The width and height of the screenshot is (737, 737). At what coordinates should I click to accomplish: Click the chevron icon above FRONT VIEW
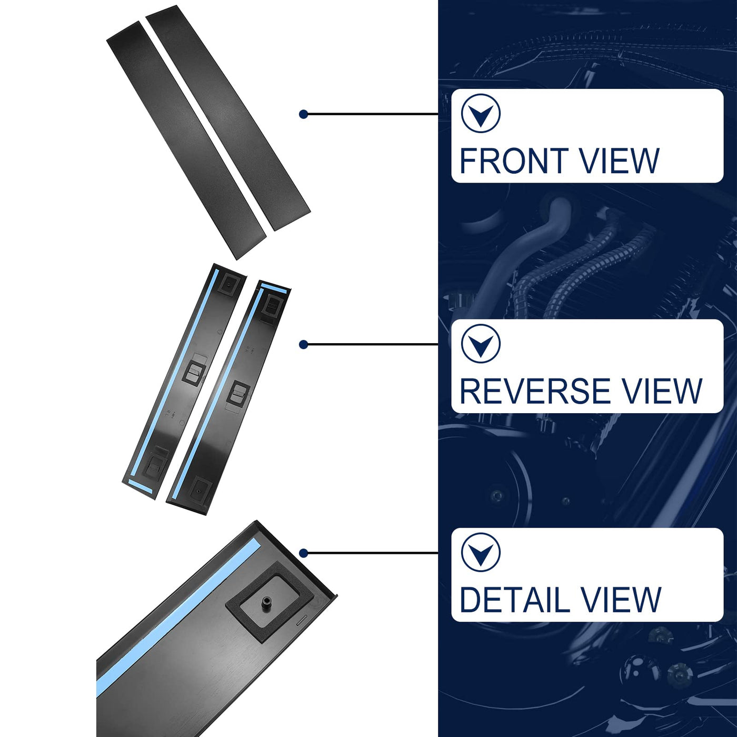point(481,113)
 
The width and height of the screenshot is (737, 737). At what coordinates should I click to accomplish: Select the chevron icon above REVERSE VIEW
point(481,344)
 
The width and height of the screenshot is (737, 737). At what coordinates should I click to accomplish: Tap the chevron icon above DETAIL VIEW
point(481,552)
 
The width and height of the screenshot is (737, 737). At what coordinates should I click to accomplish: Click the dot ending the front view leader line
point(303,114)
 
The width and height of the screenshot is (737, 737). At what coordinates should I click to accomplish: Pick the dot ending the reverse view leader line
point(303,344)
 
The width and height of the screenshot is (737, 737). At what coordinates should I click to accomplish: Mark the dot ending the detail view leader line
point(303,553)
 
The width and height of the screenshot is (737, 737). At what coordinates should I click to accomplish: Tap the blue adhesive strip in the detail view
point(174,621)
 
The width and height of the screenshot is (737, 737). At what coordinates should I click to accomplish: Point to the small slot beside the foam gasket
point(302,620)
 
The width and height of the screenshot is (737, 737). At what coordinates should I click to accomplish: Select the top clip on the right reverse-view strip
point(272,304)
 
